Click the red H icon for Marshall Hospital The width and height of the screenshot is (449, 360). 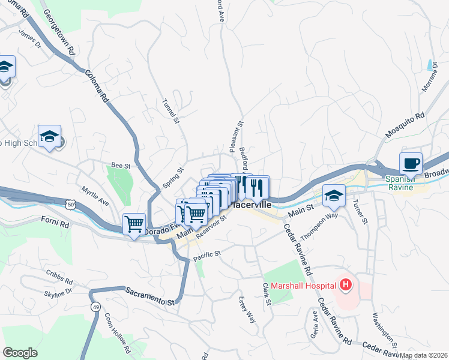point(345,284)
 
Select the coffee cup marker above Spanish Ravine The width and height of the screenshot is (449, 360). point(411,163)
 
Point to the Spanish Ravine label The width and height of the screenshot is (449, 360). point(400,183)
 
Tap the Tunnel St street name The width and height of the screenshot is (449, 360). point(171,112)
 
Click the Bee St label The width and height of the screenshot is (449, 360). point(121,165)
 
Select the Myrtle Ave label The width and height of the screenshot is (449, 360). point(95,193)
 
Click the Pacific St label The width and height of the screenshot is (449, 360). point(207,257)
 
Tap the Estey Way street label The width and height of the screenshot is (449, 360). point(247,310)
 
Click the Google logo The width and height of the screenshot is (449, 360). point(20,353)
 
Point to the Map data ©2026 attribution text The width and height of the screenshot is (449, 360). point(423,355)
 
